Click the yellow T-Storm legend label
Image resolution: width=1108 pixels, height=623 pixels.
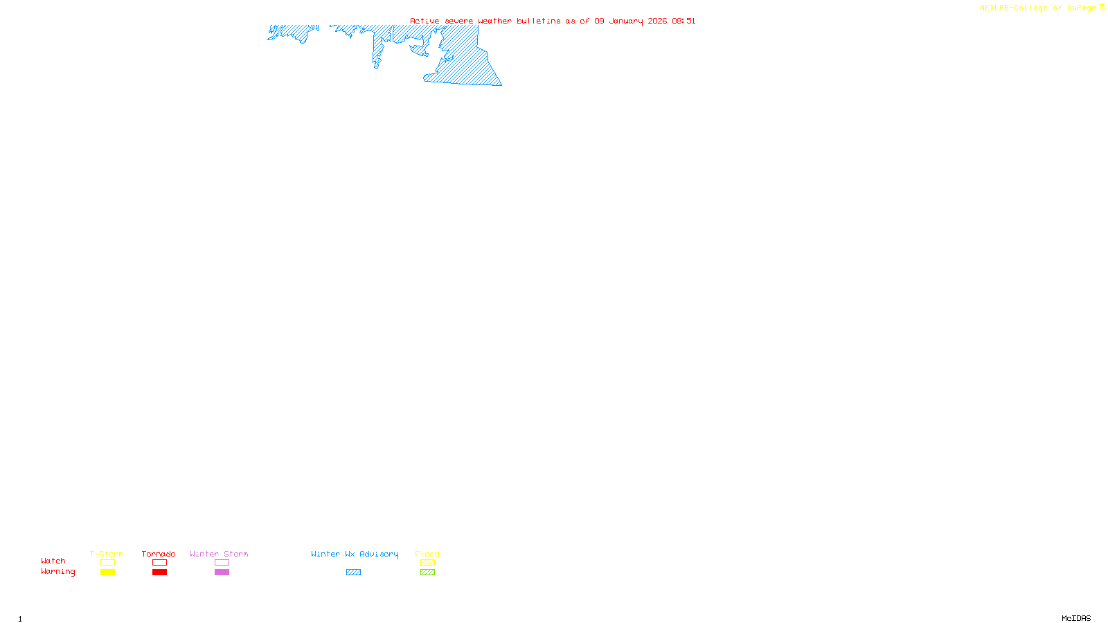pos(107,554)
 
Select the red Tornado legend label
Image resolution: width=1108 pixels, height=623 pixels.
pos(159,554)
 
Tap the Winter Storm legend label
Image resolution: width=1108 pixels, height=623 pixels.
pos(219,554)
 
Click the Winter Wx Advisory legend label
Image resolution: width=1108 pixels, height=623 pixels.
pos(355,554)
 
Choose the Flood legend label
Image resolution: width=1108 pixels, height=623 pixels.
pos(427,554)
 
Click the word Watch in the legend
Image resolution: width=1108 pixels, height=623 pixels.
pos(53,561)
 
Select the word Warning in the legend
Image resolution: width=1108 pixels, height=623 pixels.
pos(58,572)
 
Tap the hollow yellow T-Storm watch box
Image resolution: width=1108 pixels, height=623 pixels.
pos(107,563)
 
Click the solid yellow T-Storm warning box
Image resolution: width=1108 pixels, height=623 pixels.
pos(107,572)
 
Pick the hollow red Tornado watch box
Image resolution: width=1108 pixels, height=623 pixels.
pos(159,563)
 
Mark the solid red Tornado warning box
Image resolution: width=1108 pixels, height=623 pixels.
pos(159,572)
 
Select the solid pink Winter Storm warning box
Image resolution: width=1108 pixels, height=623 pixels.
pos(222,572)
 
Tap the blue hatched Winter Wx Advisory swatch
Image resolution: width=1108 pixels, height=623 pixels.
pos(353,572)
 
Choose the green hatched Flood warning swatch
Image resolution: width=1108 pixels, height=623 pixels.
pos(427,572)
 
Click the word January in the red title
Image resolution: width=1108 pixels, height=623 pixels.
pos(626,21)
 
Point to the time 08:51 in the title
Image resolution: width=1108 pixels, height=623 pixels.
pos(683,21)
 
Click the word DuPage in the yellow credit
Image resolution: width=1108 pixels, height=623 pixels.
pos(1081,8)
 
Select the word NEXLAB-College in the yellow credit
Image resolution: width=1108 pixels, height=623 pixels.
pos(1014,8)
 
